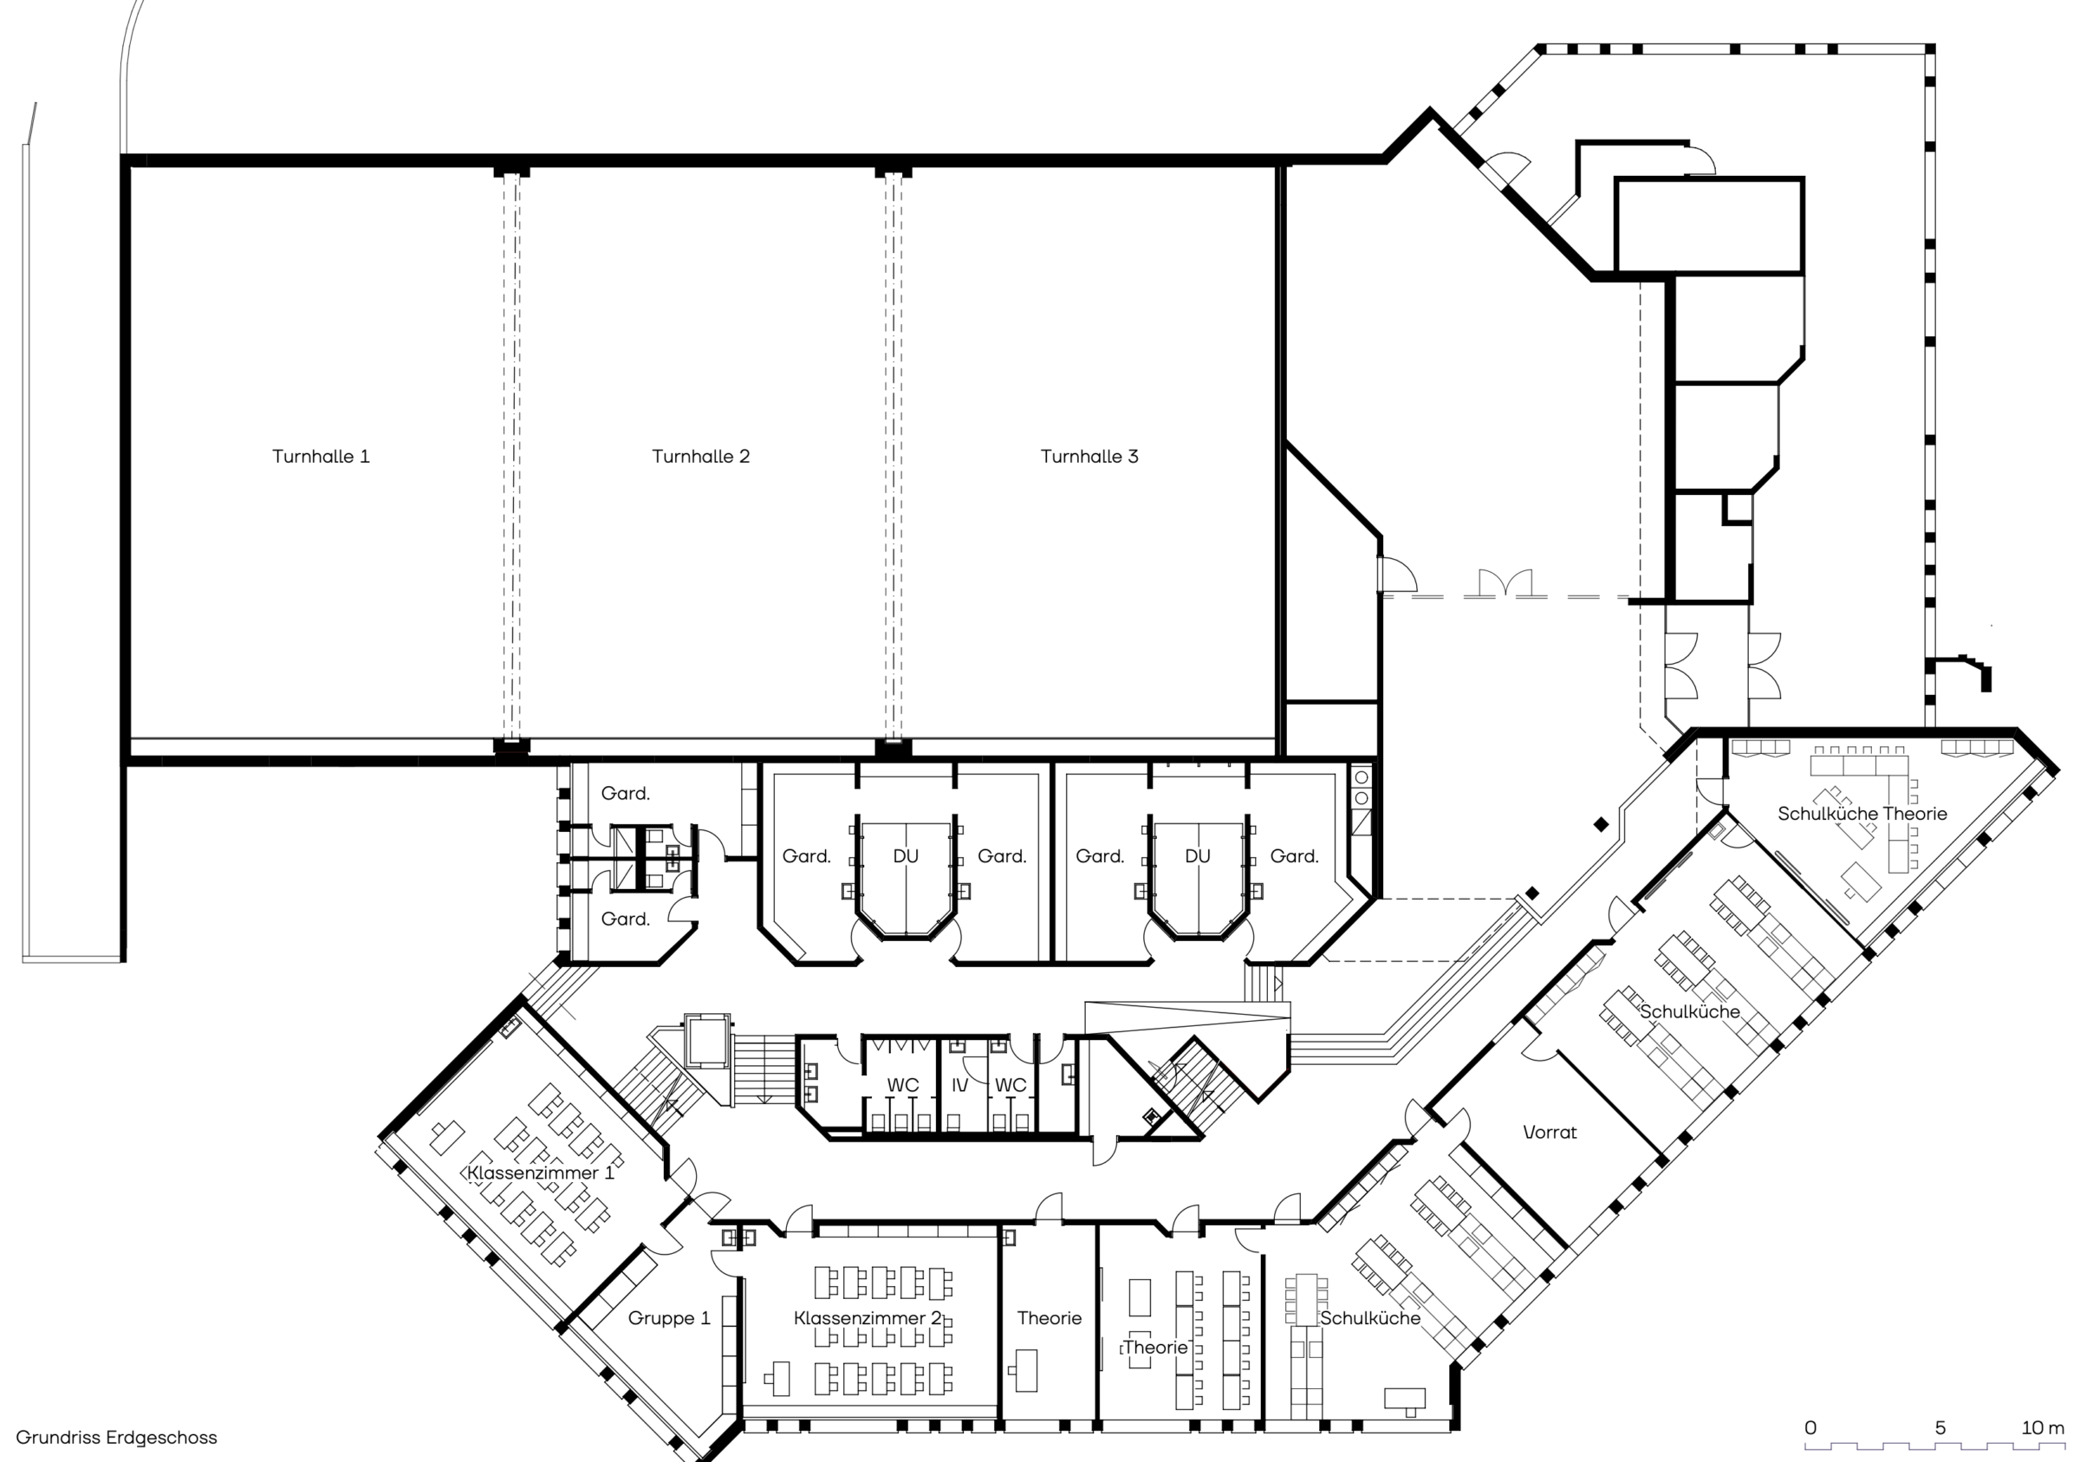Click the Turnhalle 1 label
[x=321, y=456]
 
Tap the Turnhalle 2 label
[x=700, y=456]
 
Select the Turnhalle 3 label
[x=1089, y=456]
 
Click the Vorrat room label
[x=1550, y=1133]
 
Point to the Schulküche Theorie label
[x=1862, y=814]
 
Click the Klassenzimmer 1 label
[x=541, y=1173]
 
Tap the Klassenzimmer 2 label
[x=868, y=1318]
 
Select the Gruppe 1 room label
[x=669, y=1318]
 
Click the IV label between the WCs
[x=960, y=1085]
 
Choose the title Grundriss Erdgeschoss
[x=117, y=1438]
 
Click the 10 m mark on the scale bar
[x=2044, y=1427]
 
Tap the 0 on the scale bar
[x=1810, y=1427]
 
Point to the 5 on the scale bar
[x=1940, y=1427]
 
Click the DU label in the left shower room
[x=906, y=856]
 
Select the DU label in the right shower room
[x=1198, y=856]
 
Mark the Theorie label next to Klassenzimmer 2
[x=1049, y=1318]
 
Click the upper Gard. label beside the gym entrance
[x=625, y=794]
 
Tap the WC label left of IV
[x=903, y=1085]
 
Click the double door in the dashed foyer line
[x=1505, y=583]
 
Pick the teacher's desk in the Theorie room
[x=1025, y=1370]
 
